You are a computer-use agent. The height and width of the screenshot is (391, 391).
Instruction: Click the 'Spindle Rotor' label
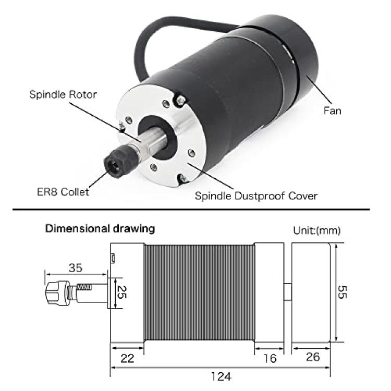click(x=63, y=94)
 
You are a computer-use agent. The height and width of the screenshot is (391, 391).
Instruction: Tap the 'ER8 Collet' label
click(x=63, y=192)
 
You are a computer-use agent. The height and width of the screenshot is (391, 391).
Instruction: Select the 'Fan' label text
click(x=332, y=111)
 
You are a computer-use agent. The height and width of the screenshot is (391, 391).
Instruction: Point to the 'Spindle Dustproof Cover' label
click(x=256, y=195)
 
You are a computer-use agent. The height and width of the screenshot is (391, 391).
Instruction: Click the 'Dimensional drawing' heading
click(x=100, y=228)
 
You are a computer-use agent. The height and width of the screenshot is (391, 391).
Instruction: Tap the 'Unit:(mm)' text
click(x=316, y=230)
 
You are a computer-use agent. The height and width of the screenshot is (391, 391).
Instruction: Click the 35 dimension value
click(x=75, y=268)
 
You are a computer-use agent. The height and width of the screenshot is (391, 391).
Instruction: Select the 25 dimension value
click(x=122, y=292)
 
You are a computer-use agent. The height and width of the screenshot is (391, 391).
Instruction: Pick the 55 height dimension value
click(x=342, y=292)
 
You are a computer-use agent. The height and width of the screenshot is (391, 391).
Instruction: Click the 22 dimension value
click(x=127, y=358)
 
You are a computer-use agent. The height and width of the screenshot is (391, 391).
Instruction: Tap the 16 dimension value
click(x=270, y=358)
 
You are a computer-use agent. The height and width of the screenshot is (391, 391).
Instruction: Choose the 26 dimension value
click(x=313, y=357)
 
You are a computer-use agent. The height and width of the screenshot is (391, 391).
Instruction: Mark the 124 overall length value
click(x=221, y=376)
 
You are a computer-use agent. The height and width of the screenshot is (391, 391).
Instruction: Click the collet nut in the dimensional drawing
click(x=57, y=292)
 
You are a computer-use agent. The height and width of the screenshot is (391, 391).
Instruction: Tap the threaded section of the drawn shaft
click(x=84, y=287)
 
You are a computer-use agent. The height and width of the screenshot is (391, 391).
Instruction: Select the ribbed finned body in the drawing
click(x=199, y=292)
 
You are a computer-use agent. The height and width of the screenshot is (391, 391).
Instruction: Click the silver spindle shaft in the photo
click(x=152, y=141)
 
